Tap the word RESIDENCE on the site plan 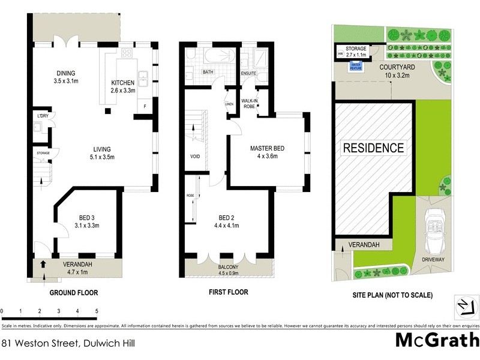[x=373, y=147]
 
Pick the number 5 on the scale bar [x=97, y=311]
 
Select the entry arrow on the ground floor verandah [x=43, y=263]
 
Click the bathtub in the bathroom [x=217, y=56]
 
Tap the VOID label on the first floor [x=194, y=157]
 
